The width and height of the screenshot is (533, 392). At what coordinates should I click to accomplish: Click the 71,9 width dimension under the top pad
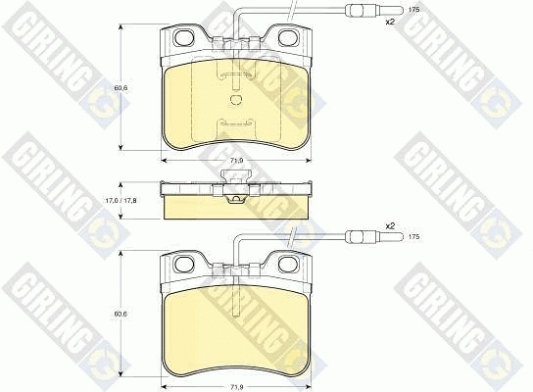pos(235,161)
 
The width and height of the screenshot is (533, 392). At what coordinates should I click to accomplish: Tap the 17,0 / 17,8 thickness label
pos(120,201)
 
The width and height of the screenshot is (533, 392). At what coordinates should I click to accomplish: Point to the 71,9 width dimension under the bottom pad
pos(235,387)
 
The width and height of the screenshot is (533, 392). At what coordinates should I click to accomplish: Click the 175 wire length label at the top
pos(414,10)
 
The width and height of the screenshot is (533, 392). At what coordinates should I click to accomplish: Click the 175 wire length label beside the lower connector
pos(414,237)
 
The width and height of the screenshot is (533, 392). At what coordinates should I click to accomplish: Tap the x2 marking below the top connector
pos(390,23)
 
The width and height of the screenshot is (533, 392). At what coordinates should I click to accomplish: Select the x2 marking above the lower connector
pos(390,225)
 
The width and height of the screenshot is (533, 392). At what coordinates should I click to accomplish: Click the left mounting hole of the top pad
pos(184,37)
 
